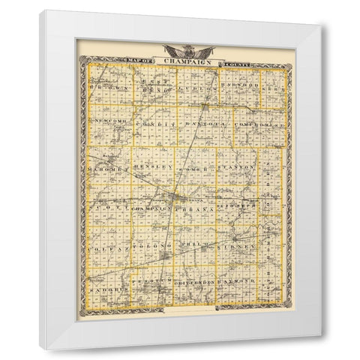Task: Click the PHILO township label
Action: (199, 246)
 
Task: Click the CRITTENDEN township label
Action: (199, 280)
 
